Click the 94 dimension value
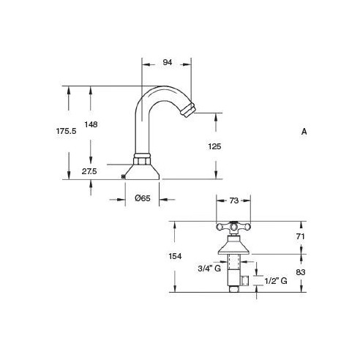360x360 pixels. pyautogui.click(x=168, y=62)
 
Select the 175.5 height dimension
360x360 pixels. pyautogui.click(x=66, y=131)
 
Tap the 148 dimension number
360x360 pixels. pyautogui.click(x=91, y=124)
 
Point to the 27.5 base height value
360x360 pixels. pyautogui.click(x=89, y=171)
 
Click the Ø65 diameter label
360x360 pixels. pyautogui.click(x=143, y=198)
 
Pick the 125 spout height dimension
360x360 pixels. pyautogui.click(x=214, y=146)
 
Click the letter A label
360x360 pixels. pyautogui.click(x=304, y=132)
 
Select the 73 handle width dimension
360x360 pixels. pyautogui.click(x=233, y=200)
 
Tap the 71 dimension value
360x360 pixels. pyautogui.click(x=301, y=236)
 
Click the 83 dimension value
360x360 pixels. pyautogui.click(x=301, y=272)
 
